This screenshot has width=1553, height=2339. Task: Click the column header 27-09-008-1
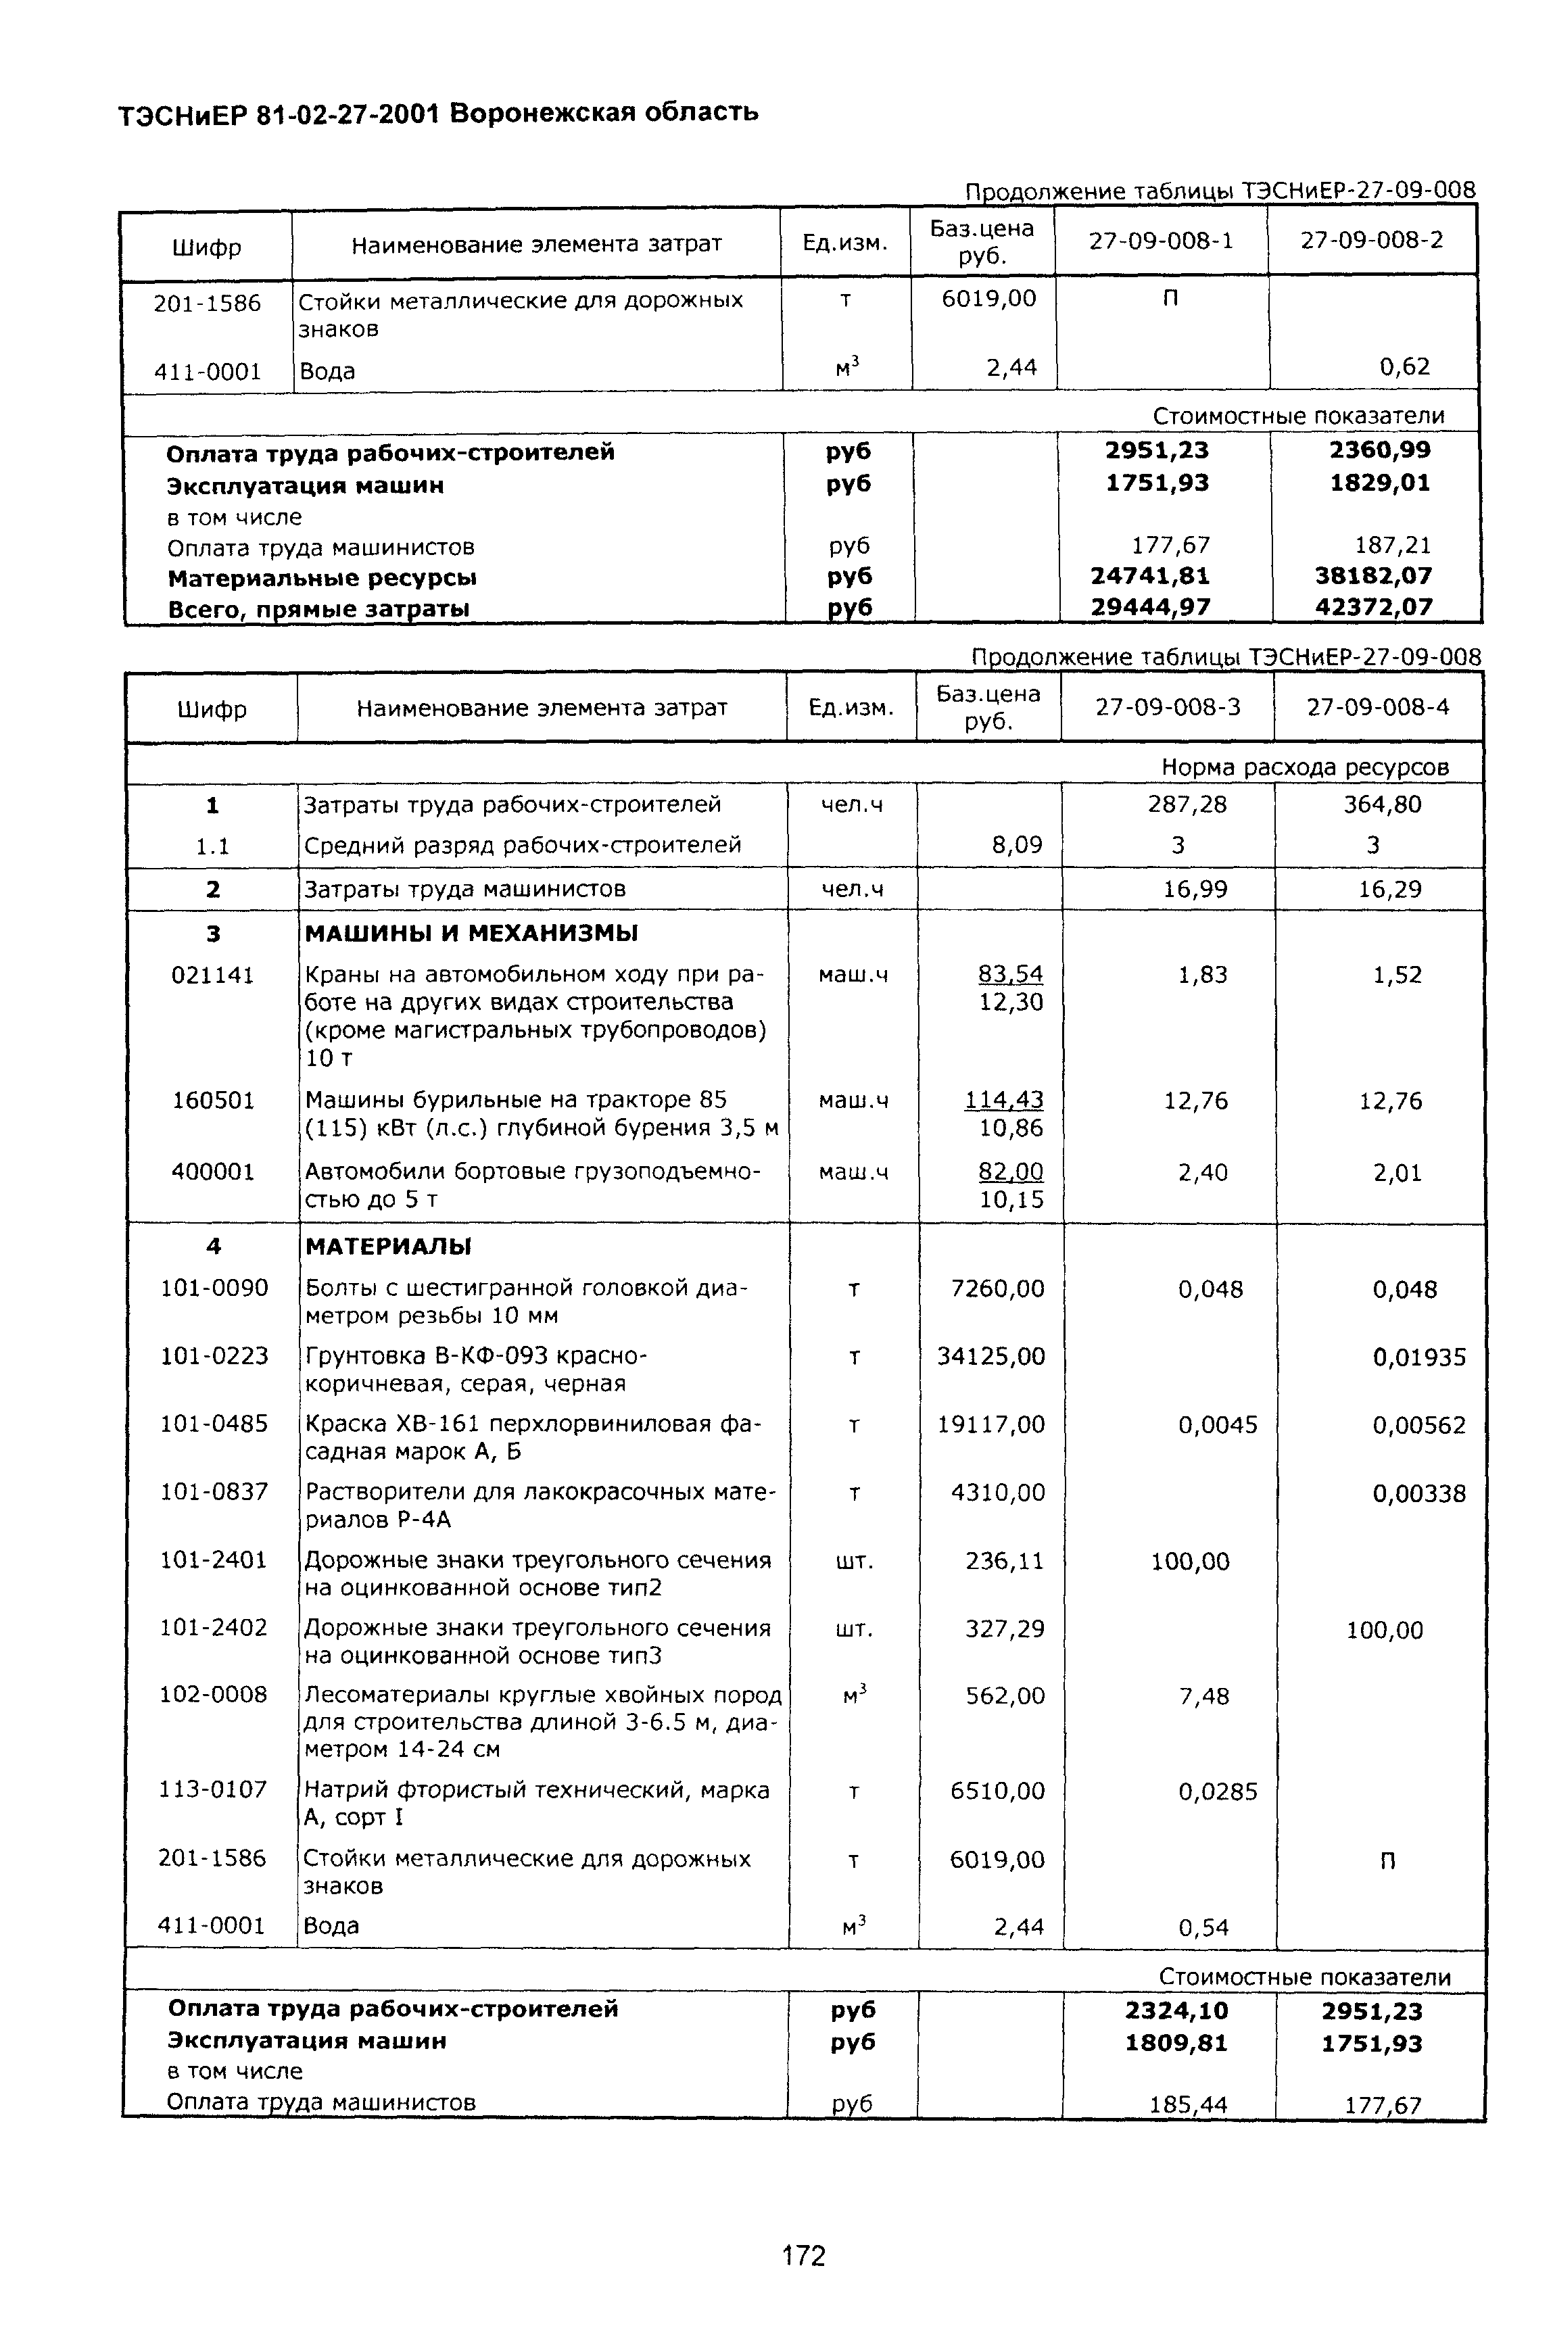click(x=1161, y=241)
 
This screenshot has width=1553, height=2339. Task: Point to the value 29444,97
click(x=1150, y=607)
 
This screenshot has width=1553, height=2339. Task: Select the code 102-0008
click(x=213, y=1694)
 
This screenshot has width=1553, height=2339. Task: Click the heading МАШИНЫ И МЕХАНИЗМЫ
click(x=471, y=933)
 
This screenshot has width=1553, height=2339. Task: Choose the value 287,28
click(x=1187, y=804)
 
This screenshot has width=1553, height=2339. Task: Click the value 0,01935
click(x=1418, y=1357)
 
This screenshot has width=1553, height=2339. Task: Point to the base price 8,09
click(x=1016, y=846)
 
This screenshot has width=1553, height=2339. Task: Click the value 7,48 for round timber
click(x=1203, y=1696)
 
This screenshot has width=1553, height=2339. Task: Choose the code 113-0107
click(x=213, y=1789)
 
